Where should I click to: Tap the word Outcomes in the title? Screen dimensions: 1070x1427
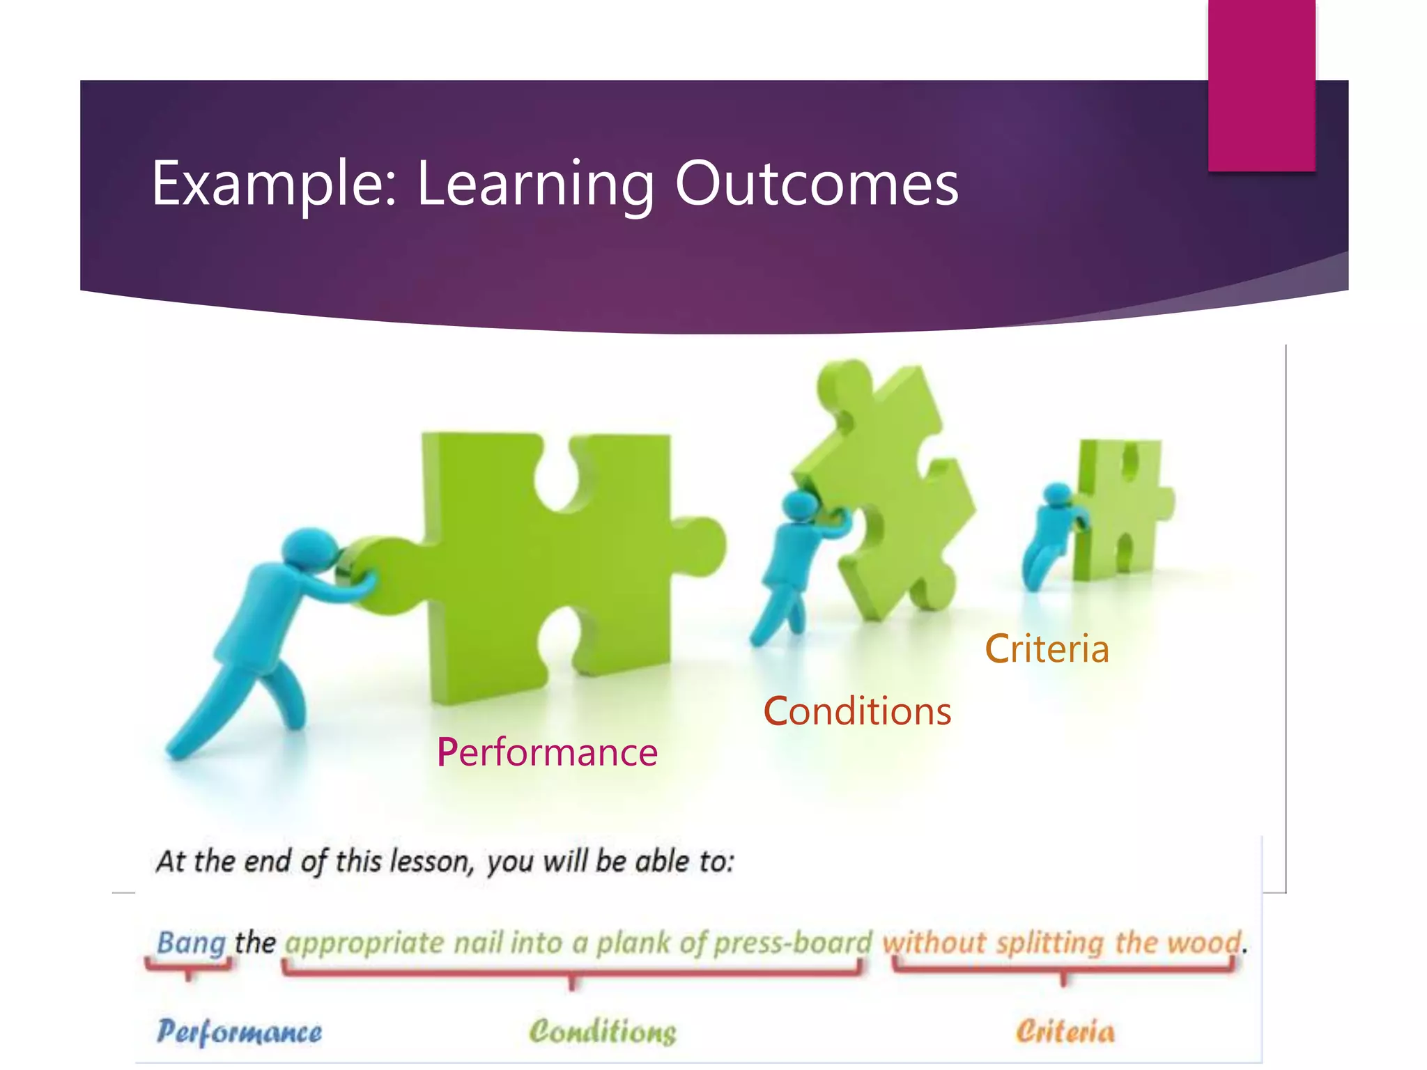pos(817,183)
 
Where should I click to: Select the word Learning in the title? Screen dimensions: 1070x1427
pos(535,185)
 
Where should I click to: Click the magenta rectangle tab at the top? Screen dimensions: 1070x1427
pos(1261,84)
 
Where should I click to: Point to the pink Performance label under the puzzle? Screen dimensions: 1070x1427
pos(547,752)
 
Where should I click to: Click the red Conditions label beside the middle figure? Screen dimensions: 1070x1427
pos(857,711)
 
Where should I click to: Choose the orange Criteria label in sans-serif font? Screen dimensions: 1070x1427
pos(1047,649)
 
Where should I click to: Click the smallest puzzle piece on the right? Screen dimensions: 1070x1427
pos(1122,509)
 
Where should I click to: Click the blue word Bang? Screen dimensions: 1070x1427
pos(191,943)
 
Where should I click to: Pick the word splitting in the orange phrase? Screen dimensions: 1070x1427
pos(1049,943)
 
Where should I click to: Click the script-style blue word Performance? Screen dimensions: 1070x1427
pos(239,1032)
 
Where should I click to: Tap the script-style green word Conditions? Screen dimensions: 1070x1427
pos(603,1032)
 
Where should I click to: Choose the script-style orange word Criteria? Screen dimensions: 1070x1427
pos(1065,1032)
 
